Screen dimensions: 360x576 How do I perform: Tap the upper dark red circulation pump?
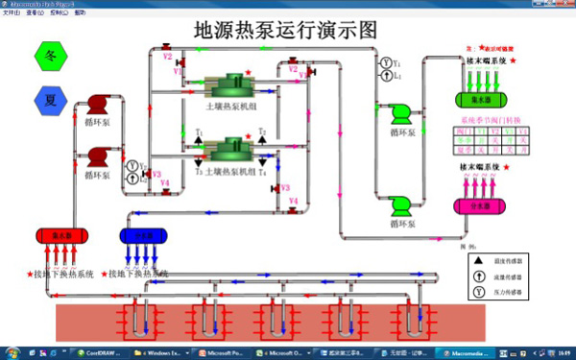click(x=97, y=105)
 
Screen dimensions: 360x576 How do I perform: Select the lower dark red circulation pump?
click(x=97, y=156)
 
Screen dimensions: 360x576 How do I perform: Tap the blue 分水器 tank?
click(x=143, y=235)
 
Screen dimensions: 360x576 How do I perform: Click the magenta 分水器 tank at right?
click(x=481, y=205)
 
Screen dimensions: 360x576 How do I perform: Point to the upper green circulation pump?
click(x=401, y=113)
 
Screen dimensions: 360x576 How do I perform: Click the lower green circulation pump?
click(x=401, y=202)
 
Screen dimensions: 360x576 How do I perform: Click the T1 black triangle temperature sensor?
click(x=200, y=140)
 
